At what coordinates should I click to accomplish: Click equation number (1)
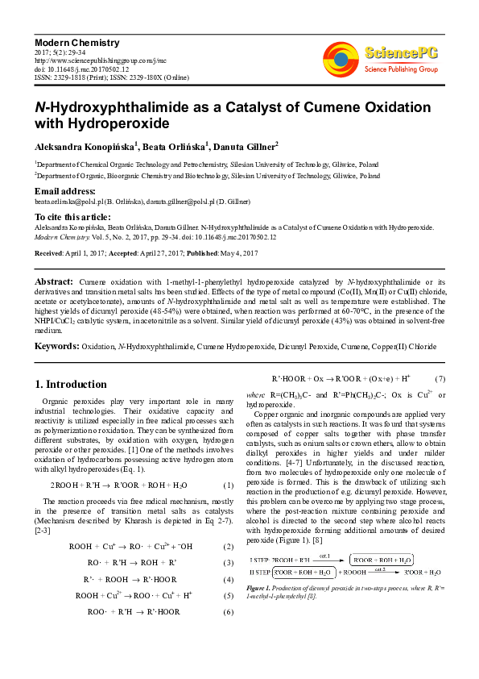[x=228, y=485]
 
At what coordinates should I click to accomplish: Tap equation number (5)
[x=228, y=596]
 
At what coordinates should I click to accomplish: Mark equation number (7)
[x=440, y=379]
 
